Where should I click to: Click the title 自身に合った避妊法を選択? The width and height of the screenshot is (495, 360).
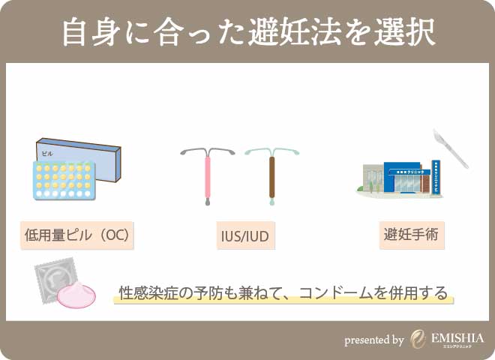(247, 33)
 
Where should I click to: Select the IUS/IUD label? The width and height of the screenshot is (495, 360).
(241, 238)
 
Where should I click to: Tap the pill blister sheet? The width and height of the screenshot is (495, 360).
(63, 181)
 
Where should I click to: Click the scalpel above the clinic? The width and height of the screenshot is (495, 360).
(451, 148)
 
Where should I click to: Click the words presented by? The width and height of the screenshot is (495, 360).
(374, 340)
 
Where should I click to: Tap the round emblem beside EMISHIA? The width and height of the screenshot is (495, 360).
(418, 340)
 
